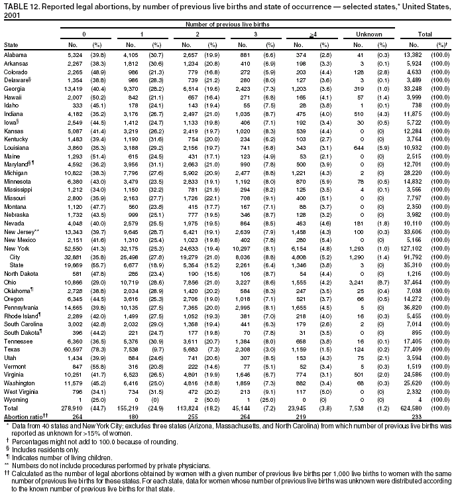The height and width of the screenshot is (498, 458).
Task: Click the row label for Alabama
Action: (15, 54)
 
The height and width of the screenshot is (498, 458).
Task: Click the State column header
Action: (11, 44)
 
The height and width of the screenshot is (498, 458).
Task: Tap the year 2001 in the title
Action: (12, 14)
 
